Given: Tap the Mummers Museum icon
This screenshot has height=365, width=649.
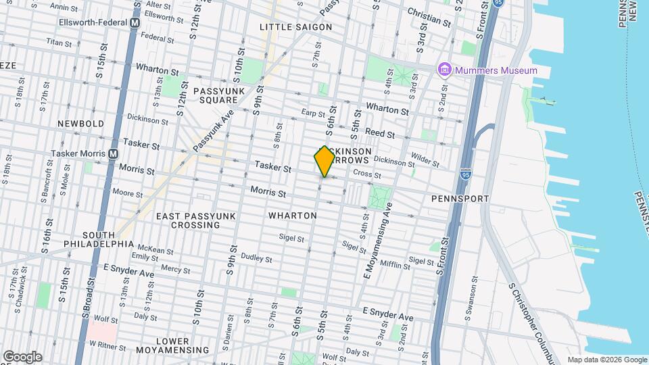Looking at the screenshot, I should (x=444, y=70).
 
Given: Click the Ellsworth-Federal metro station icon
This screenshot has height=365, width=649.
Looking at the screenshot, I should (x=135, y=22).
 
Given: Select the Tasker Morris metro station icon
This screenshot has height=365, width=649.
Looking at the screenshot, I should (x=113, y=153).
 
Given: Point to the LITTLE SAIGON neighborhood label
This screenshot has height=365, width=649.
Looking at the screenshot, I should (x=296, y=27).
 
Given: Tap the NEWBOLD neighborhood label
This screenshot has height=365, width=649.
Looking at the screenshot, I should (x=80, y=124).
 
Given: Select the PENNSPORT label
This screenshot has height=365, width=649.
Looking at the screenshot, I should (x=460, y=199).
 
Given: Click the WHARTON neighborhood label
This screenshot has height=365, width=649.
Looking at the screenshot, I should (x=292, y=216).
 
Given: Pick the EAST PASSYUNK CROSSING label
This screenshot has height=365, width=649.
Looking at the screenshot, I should (x=196, y=220).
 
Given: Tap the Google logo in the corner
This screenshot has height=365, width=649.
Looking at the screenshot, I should (x=22, y=357).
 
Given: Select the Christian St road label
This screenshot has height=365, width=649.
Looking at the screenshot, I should (x=429, y=17).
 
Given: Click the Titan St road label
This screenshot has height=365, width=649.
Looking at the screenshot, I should (x=59, y=43).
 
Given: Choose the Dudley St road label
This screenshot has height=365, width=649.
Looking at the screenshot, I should (x=256, y=258).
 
